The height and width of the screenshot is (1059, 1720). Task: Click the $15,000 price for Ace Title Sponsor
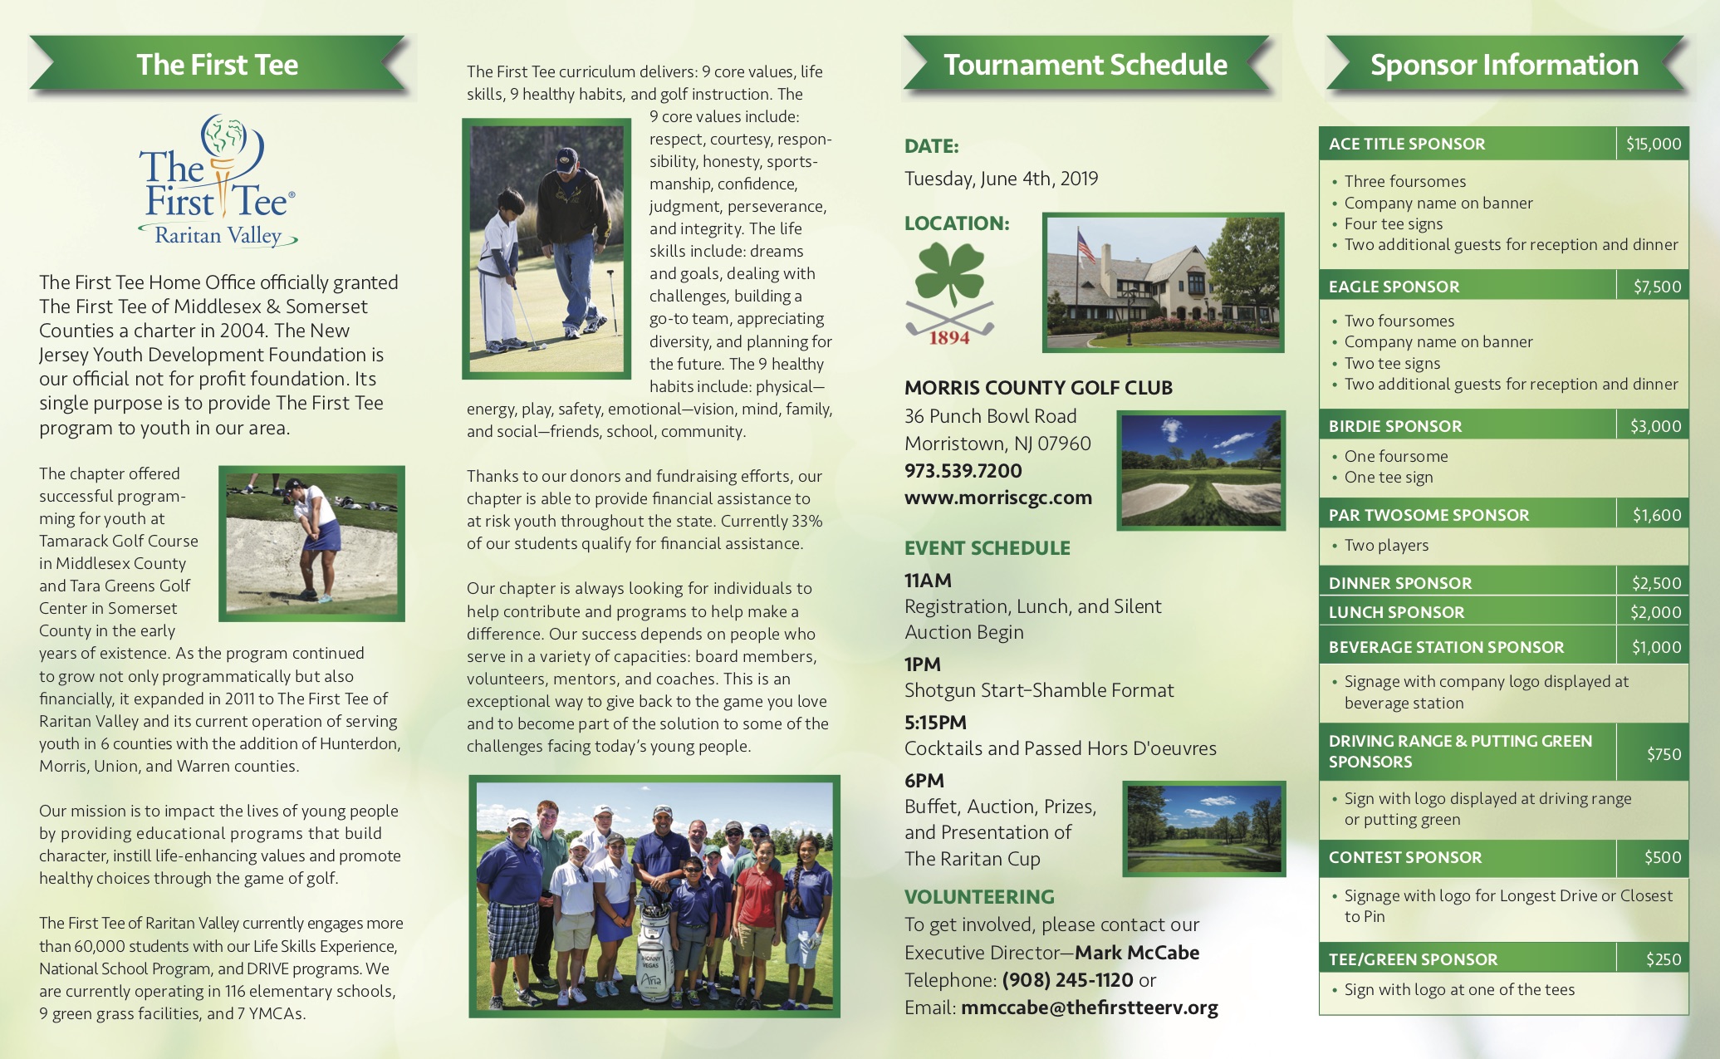(x=1653, y=144)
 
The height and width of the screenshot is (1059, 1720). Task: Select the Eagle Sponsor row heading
(x=1394, y=287)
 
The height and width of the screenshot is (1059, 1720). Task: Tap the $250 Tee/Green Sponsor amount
(x=1664, y=959)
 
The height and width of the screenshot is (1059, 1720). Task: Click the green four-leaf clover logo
(x=949, y=274)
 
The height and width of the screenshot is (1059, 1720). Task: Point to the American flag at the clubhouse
(x=1085, y=245)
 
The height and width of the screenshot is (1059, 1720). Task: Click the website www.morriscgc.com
(x=998, y=498)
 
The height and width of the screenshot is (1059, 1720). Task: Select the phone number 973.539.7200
(x=963, y=471)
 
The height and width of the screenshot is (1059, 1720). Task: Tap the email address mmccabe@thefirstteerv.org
(x=1090, y=1008)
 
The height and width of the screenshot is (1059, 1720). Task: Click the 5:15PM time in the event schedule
(x=936, y=723)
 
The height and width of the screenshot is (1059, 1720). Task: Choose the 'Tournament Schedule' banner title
(x=1085, y=65)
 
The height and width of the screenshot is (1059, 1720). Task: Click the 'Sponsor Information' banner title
(x=1504, y=65)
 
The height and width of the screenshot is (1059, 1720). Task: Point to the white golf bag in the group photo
(x=653, y=955)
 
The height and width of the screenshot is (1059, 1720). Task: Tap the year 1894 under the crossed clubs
(x=949, y=338)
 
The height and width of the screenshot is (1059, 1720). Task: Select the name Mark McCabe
(x=1137, y=953)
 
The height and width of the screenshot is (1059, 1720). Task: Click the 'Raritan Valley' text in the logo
(x=218, y=236)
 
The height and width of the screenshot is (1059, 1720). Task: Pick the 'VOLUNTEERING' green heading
(x=979, y=897)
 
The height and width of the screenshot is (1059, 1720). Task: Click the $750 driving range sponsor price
(x=1664, y=754)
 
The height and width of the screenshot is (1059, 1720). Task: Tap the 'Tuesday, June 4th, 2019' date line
(x=1001, y=179)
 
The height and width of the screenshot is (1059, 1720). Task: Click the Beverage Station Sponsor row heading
(x=1446, y=647)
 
